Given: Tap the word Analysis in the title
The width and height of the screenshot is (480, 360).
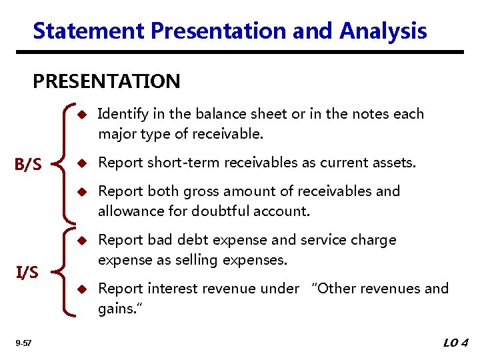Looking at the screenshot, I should point(383,31).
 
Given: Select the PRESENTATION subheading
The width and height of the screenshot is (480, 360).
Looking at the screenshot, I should point(107,81).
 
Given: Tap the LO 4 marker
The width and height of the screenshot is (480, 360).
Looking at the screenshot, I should point(456,343).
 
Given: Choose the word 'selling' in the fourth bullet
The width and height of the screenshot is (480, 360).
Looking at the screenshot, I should point(238,260).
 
